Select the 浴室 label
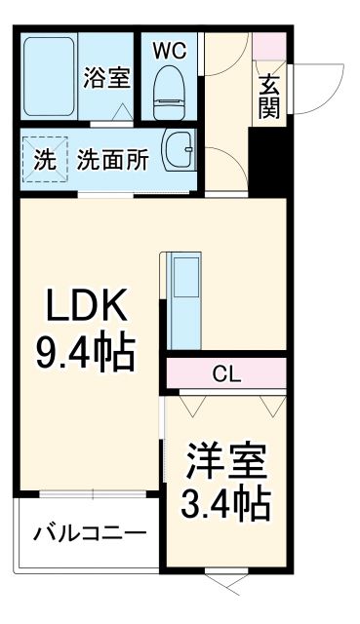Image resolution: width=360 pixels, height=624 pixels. [x=106, y=78]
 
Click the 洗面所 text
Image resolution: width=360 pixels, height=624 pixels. [x=113, y=159]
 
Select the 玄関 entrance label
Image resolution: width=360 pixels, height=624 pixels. [x=268, y=96]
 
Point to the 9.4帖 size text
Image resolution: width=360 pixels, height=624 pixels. [x=84, y=353]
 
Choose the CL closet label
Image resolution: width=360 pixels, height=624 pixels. [x=226, y=373]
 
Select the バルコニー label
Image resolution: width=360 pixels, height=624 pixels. [x=89, y=533]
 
